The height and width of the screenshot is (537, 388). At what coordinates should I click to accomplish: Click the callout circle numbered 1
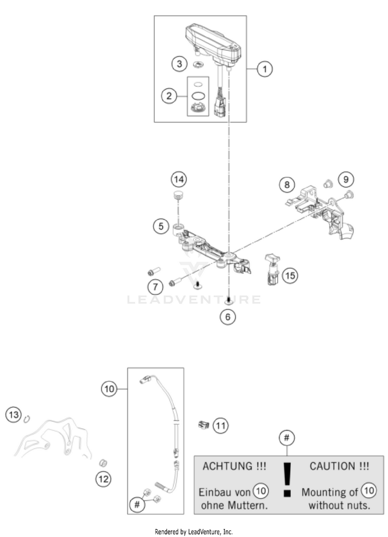[x=265, y=69]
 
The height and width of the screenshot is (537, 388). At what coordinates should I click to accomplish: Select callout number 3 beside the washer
[x=180, y=64]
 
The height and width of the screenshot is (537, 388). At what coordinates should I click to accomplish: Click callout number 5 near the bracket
[x=161, y=225]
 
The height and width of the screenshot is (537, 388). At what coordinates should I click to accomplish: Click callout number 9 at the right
[x=345, y=179]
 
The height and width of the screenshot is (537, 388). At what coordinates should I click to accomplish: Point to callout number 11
[x=221, y=425]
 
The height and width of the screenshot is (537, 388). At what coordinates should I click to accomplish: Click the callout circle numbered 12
[x=103, y=479]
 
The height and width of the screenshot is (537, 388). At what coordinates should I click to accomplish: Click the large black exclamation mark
[x=288, y=480]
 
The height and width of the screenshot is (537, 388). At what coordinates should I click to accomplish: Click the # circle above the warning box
[x=287, y=438]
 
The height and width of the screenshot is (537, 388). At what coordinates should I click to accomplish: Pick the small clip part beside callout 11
[x=203, y=425]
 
